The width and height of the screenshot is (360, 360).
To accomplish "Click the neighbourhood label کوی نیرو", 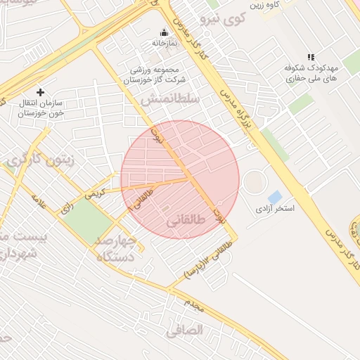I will [x=221, y=18].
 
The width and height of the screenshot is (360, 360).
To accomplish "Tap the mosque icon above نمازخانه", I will [x=164, y=32].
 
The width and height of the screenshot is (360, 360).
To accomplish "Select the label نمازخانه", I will [x=164, y=43].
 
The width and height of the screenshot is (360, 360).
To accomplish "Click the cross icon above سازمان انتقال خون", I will [x=40, y=92].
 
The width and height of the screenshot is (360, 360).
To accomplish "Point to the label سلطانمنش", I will [x=170, y=100].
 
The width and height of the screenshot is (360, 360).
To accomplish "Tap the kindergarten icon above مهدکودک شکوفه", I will [x=311, y=57].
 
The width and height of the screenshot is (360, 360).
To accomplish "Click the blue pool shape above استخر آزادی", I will [x=275, y=197].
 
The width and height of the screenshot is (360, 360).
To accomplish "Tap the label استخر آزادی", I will [x=275, y=210].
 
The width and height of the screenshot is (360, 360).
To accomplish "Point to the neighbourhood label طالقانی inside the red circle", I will [x=186, y=221].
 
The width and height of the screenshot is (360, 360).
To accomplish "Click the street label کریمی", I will [x=94, y=193].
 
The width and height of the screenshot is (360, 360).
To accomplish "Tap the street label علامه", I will [x=39, y=202].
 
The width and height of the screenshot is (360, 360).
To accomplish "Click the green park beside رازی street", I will [x=88, y=219].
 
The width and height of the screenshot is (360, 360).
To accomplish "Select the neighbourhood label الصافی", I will [x=185, y=329].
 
